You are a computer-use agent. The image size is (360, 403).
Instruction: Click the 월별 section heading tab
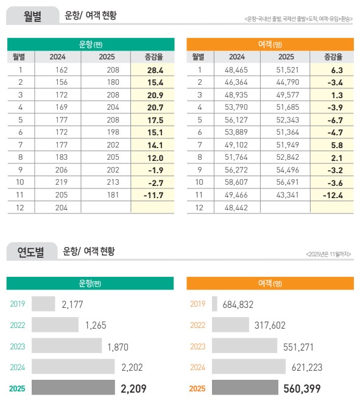click(x=32, y=16)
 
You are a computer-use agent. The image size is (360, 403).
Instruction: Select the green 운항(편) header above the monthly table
click(x=90, y=44)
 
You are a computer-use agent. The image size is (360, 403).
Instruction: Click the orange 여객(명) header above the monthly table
click(x=270, y=44)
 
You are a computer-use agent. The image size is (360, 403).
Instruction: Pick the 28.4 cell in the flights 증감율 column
click(x=155, y=70)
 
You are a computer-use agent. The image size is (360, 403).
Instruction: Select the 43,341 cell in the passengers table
click(x=286, y=194)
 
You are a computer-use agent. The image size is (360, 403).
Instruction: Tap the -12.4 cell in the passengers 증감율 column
click(x=333, y=194)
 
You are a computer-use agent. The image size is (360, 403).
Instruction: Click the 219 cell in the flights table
click(x=59, y=182)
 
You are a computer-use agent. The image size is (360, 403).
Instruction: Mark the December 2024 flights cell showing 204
click(x=59, y=207)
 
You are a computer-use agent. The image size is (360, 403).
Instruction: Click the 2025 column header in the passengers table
click(x=286, y=57)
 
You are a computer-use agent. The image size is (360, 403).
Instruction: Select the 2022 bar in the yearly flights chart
click(x=55, y=325)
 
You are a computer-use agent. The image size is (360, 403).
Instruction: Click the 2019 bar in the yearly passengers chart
click(x=214, y=304)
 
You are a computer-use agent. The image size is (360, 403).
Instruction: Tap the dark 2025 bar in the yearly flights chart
click(x=73, y=388)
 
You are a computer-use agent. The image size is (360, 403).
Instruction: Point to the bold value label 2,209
click(x=134, y=388)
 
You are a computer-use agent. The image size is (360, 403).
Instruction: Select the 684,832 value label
click(x=238, y=304)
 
